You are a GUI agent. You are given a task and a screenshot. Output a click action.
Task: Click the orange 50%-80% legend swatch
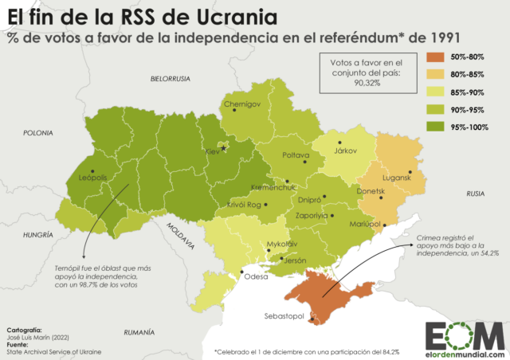(435, 57)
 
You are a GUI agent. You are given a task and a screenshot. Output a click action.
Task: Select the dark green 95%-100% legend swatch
(435, 127)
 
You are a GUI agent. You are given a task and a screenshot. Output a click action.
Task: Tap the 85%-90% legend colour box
(435, 92)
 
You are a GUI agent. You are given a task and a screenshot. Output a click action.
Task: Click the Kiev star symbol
(224, 148)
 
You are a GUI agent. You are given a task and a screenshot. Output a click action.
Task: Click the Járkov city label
(345, 151)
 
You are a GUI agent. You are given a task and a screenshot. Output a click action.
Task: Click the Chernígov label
(243, 104)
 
